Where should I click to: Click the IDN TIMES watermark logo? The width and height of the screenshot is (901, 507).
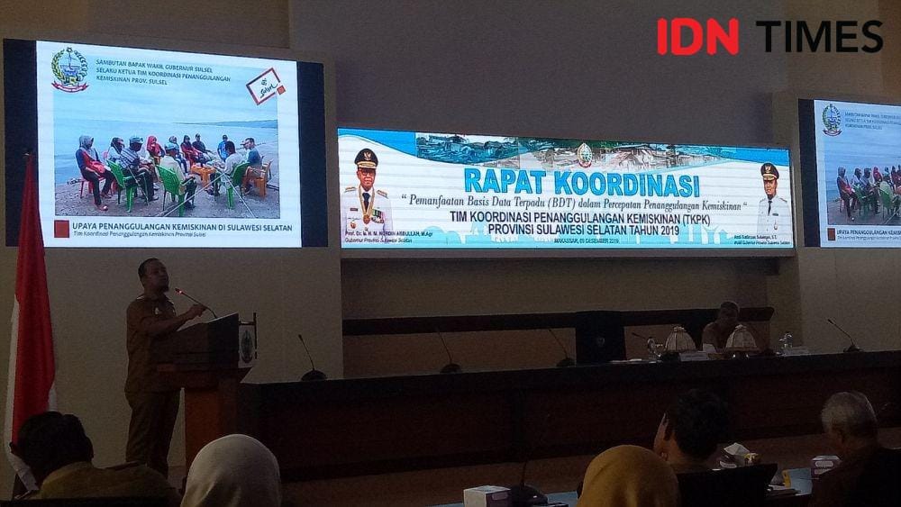click(x=769, y=36)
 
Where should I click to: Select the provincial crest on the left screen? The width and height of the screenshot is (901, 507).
click(x=68, y=69)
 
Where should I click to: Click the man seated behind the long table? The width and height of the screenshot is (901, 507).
click(x=722, y=326)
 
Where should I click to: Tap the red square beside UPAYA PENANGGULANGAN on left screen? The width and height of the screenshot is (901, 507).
click(x=61, y=229)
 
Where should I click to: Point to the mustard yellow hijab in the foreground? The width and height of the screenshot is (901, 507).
click(x=627, y=479)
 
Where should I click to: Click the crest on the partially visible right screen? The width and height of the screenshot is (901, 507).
click(x=831, y=120)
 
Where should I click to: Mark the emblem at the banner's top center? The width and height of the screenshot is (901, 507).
click(x=585, y=154)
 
